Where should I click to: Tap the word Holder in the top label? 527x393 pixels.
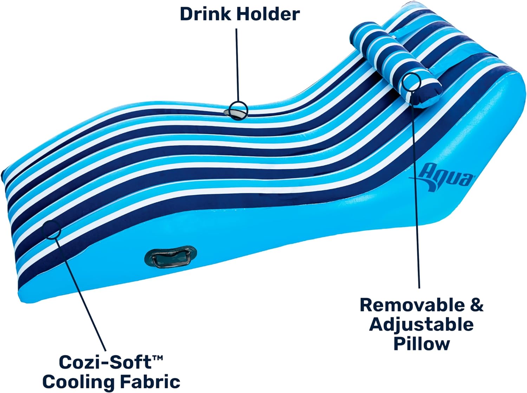click(x=268, y=14)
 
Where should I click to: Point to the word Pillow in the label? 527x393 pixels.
click(x=422, y=344)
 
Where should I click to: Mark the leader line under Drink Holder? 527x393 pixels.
click(x=238, y=65)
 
